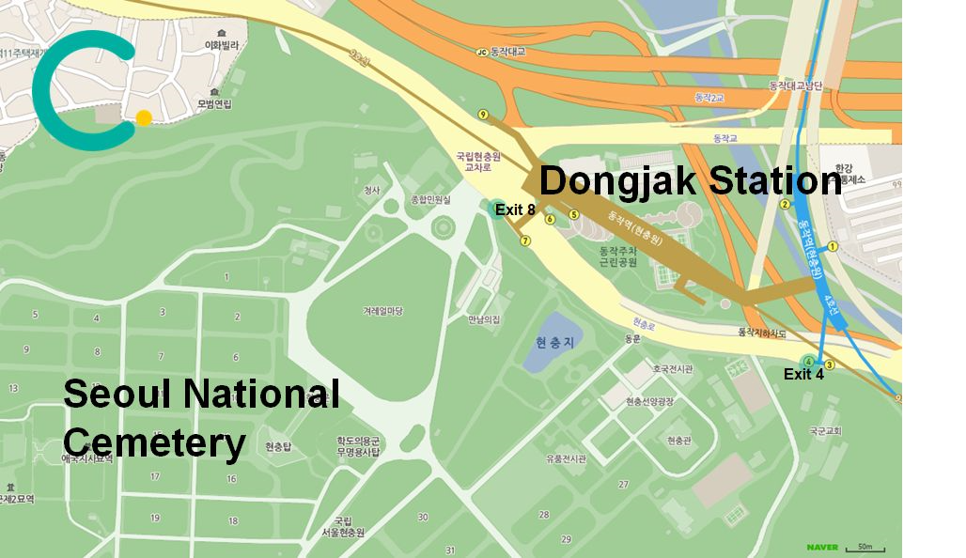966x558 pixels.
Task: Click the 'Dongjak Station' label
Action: [x=690, y=181]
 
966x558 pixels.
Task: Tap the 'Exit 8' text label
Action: [x=515, y=210]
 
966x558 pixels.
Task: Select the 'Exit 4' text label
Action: [x=803, y=374]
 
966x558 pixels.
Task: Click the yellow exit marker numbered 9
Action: [x=483, y=115]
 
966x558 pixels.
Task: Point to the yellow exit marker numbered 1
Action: [x=832, y=247]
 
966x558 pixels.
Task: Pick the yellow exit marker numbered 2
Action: [x=785, y=204]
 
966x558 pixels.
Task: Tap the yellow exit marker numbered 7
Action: [x=525, y=240]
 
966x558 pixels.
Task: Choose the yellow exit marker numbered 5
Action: [x=573, y=215]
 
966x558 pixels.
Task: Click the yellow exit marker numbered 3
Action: [x=829, y=364]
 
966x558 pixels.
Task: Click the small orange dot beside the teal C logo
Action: [x=144, y=118]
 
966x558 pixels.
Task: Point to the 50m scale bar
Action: [x=865, y=547]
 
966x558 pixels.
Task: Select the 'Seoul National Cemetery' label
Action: [x=200, y=417]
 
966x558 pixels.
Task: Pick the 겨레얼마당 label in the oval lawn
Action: [x=382, y=311]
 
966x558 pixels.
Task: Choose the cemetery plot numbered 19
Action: [x=155, y=519]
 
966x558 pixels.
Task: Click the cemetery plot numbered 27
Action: [x=622, y=485]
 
